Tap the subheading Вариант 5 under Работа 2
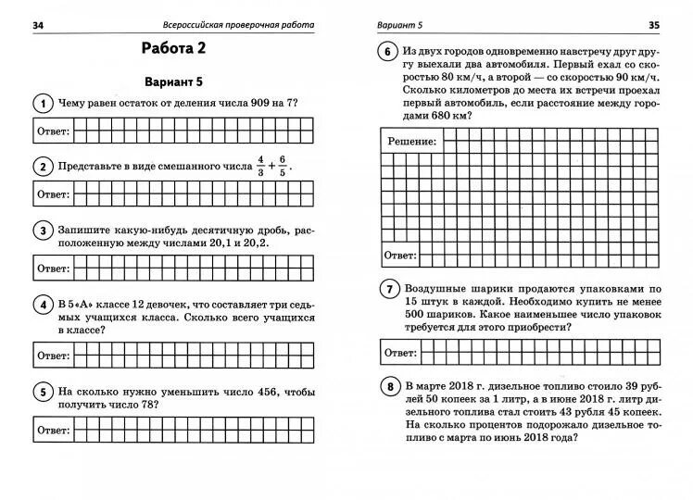point(174,81)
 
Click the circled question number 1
point(42,104)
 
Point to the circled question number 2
point(42,168)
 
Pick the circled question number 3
point(42,231)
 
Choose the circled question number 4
point(42,306)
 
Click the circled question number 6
point(386,54)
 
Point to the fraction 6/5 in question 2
point(283,168)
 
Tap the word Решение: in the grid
point(409,141)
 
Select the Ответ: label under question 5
point(53,431)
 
